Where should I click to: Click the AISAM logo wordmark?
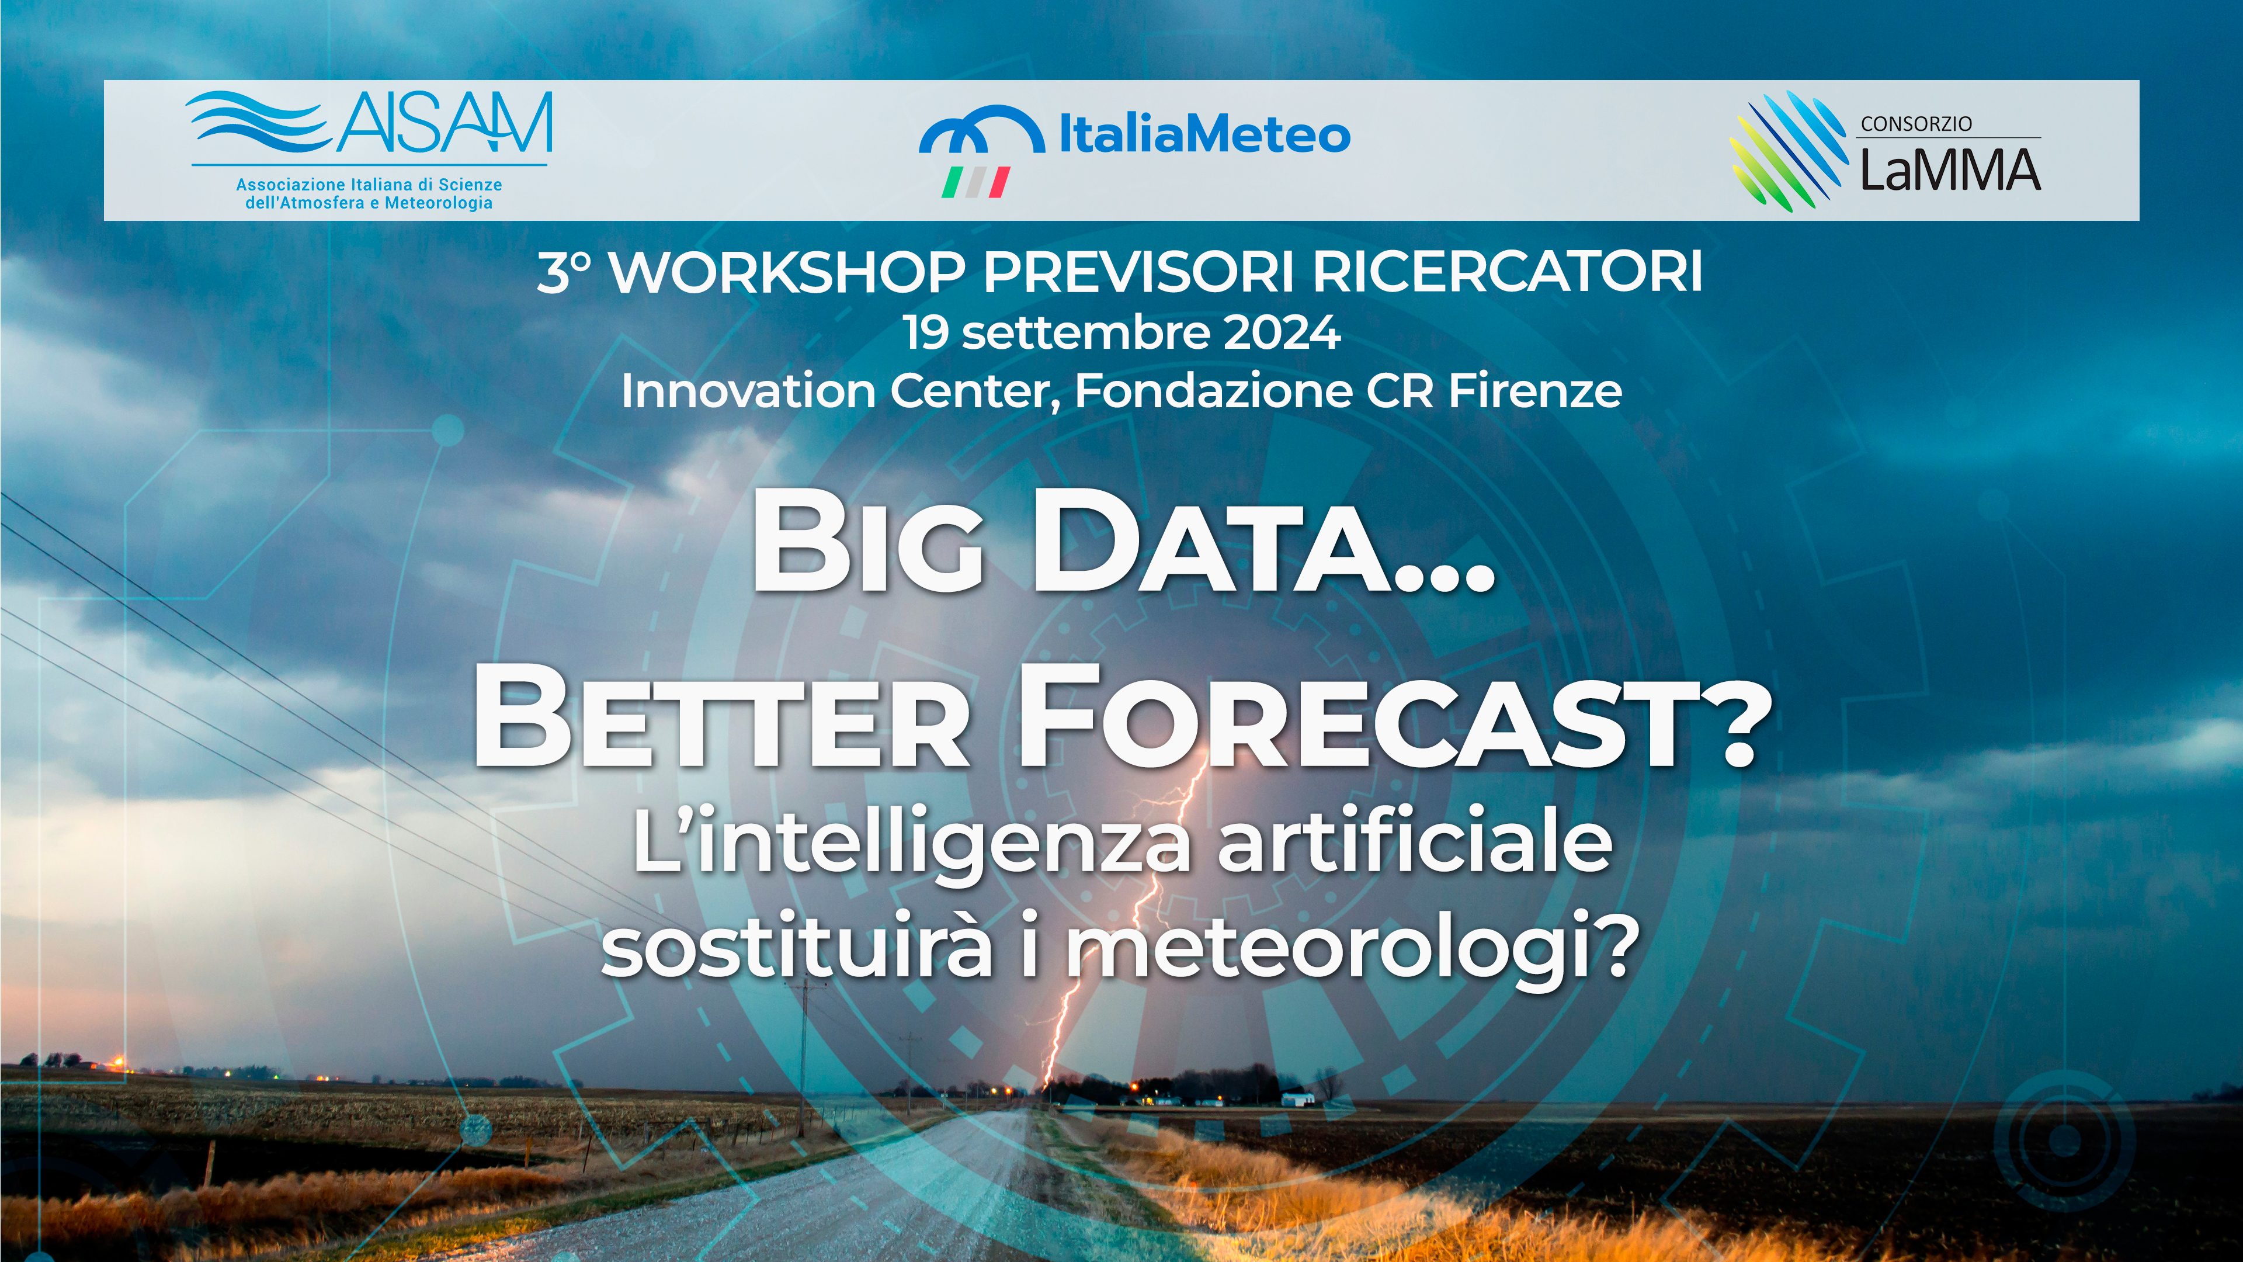tap(444, 122)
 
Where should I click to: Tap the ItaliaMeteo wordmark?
tap(1204, 135)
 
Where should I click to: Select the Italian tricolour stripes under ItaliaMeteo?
tap(975, 182)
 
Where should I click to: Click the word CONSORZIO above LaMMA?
tap(1916, 124)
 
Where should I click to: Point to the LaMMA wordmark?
tap(1950, 169)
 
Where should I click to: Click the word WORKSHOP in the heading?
tap(788, 273)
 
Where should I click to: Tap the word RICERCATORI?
tap(1507, 273)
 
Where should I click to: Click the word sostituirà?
tap(797, 946)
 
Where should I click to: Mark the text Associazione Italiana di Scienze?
tap(369, 185)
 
